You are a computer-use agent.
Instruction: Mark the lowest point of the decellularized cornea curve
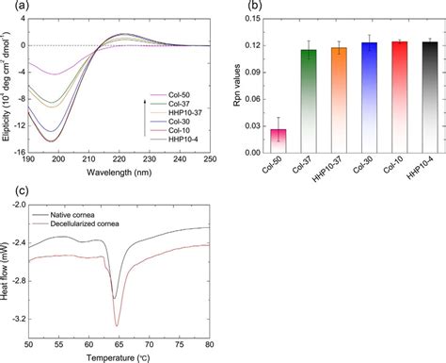pos(118,326)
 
